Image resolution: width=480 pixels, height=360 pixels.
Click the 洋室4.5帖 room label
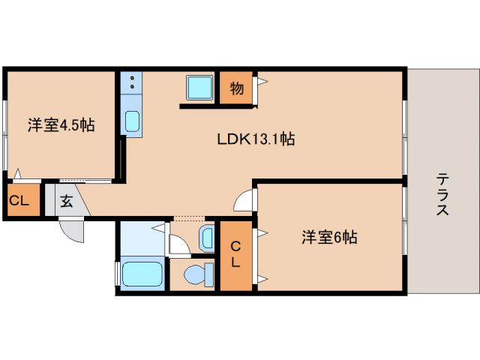[x=61, y=125]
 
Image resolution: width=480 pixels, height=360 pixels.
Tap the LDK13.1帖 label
[x=255, y=139]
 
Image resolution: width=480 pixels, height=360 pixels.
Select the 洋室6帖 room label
[x=329, y=238]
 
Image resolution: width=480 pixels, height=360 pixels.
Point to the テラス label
[x=443, y=194]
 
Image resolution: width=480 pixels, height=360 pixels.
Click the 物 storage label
[x=236, y=88]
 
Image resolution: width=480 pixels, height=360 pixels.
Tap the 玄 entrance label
[x=67, y=201]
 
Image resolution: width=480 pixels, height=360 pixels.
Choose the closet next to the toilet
[x=235, y=255]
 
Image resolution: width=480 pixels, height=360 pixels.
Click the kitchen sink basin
[x=133, y=121]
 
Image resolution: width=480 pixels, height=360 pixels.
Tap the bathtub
[x=142, y=274]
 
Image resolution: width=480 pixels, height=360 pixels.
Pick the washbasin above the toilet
[x=206, y=238]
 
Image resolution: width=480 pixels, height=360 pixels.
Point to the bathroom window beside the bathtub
[x=116, y=274]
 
